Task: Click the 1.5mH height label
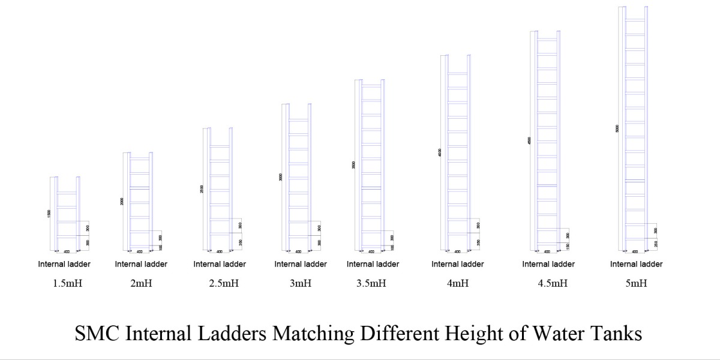coord(68,284)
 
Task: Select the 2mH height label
coord(141,284)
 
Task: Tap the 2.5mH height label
coord(224,284)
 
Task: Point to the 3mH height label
coord(300,284)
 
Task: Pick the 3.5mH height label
coord(372,284)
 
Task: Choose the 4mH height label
coord(458,284)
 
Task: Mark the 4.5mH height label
coord(553,284)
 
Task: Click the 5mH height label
coord(636,284)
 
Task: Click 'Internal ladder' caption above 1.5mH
coord(64,264)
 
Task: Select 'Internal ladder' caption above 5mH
coord(637,264)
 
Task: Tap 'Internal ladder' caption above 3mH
coord(301,264)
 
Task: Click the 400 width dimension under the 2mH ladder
coord(140,252)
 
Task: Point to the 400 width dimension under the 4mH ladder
coord(457,252)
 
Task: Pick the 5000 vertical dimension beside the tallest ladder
coord(617,129)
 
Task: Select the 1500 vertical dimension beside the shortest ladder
coord(49,214)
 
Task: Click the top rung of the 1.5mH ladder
coord(67,193)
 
